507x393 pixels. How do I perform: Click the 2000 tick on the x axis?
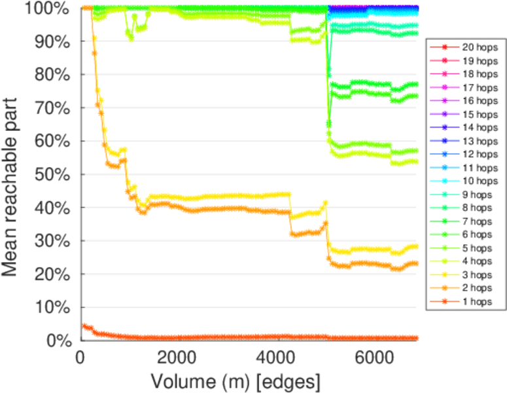[x=178, y=360]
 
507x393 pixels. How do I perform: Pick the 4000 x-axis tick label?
[x=276, y=360]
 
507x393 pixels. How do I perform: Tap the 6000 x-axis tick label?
[x=374, y=360]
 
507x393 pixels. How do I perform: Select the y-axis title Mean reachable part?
[x=13, y=175]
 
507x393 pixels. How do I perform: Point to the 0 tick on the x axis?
[x=80, y=360]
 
